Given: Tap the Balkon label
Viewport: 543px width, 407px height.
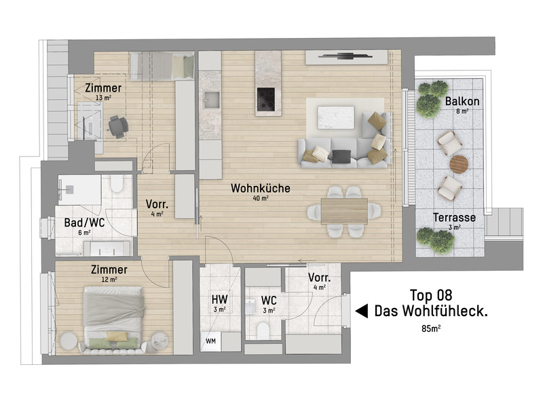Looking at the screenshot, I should click(462, 101).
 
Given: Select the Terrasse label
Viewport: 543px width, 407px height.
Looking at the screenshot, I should click(454, 218).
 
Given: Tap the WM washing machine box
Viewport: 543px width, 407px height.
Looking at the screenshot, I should click(210, 341).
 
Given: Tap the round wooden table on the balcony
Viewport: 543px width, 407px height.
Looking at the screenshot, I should click(460, 164).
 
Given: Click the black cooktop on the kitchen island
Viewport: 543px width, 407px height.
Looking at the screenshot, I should click(265, 100).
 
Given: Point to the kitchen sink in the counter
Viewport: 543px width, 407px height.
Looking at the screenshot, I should click(210, 100).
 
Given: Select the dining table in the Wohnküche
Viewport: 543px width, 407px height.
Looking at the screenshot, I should click(345, 210).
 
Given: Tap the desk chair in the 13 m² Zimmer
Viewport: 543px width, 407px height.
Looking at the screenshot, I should click(117, 125).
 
